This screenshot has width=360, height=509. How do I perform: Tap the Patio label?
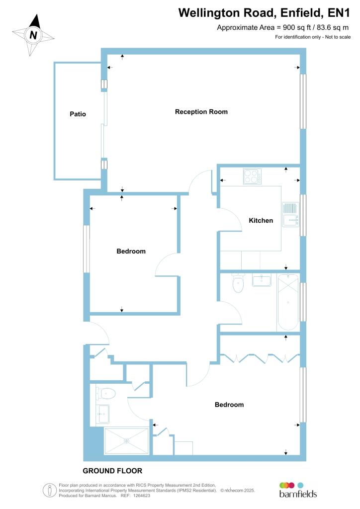click(78, 114)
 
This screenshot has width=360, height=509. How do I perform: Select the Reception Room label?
click(201, 112)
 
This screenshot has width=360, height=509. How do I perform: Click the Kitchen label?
click(261, 221)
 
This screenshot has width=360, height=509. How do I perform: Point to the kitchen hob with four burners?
click(252, 177)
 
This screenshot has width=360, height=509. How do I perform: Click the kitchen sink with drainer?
click(290, 214)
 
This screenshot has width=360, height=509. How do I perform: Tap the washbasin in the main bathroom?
click(262, 281)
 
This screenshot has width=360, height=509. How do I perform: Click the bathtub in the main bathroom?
click(288, 302)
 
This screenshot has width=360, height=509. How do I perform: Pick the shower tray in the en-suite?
click(126, 441)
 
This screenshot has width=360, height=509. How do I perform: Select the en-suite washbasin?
click(103, 414)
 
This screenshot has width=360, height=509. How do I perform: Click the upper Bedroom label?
click(131, 252)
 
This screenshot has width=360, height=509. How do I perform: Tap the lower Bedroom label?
click(229, 405)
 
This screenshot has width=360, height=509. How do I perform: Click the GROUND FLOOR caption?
click(112, 471)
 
